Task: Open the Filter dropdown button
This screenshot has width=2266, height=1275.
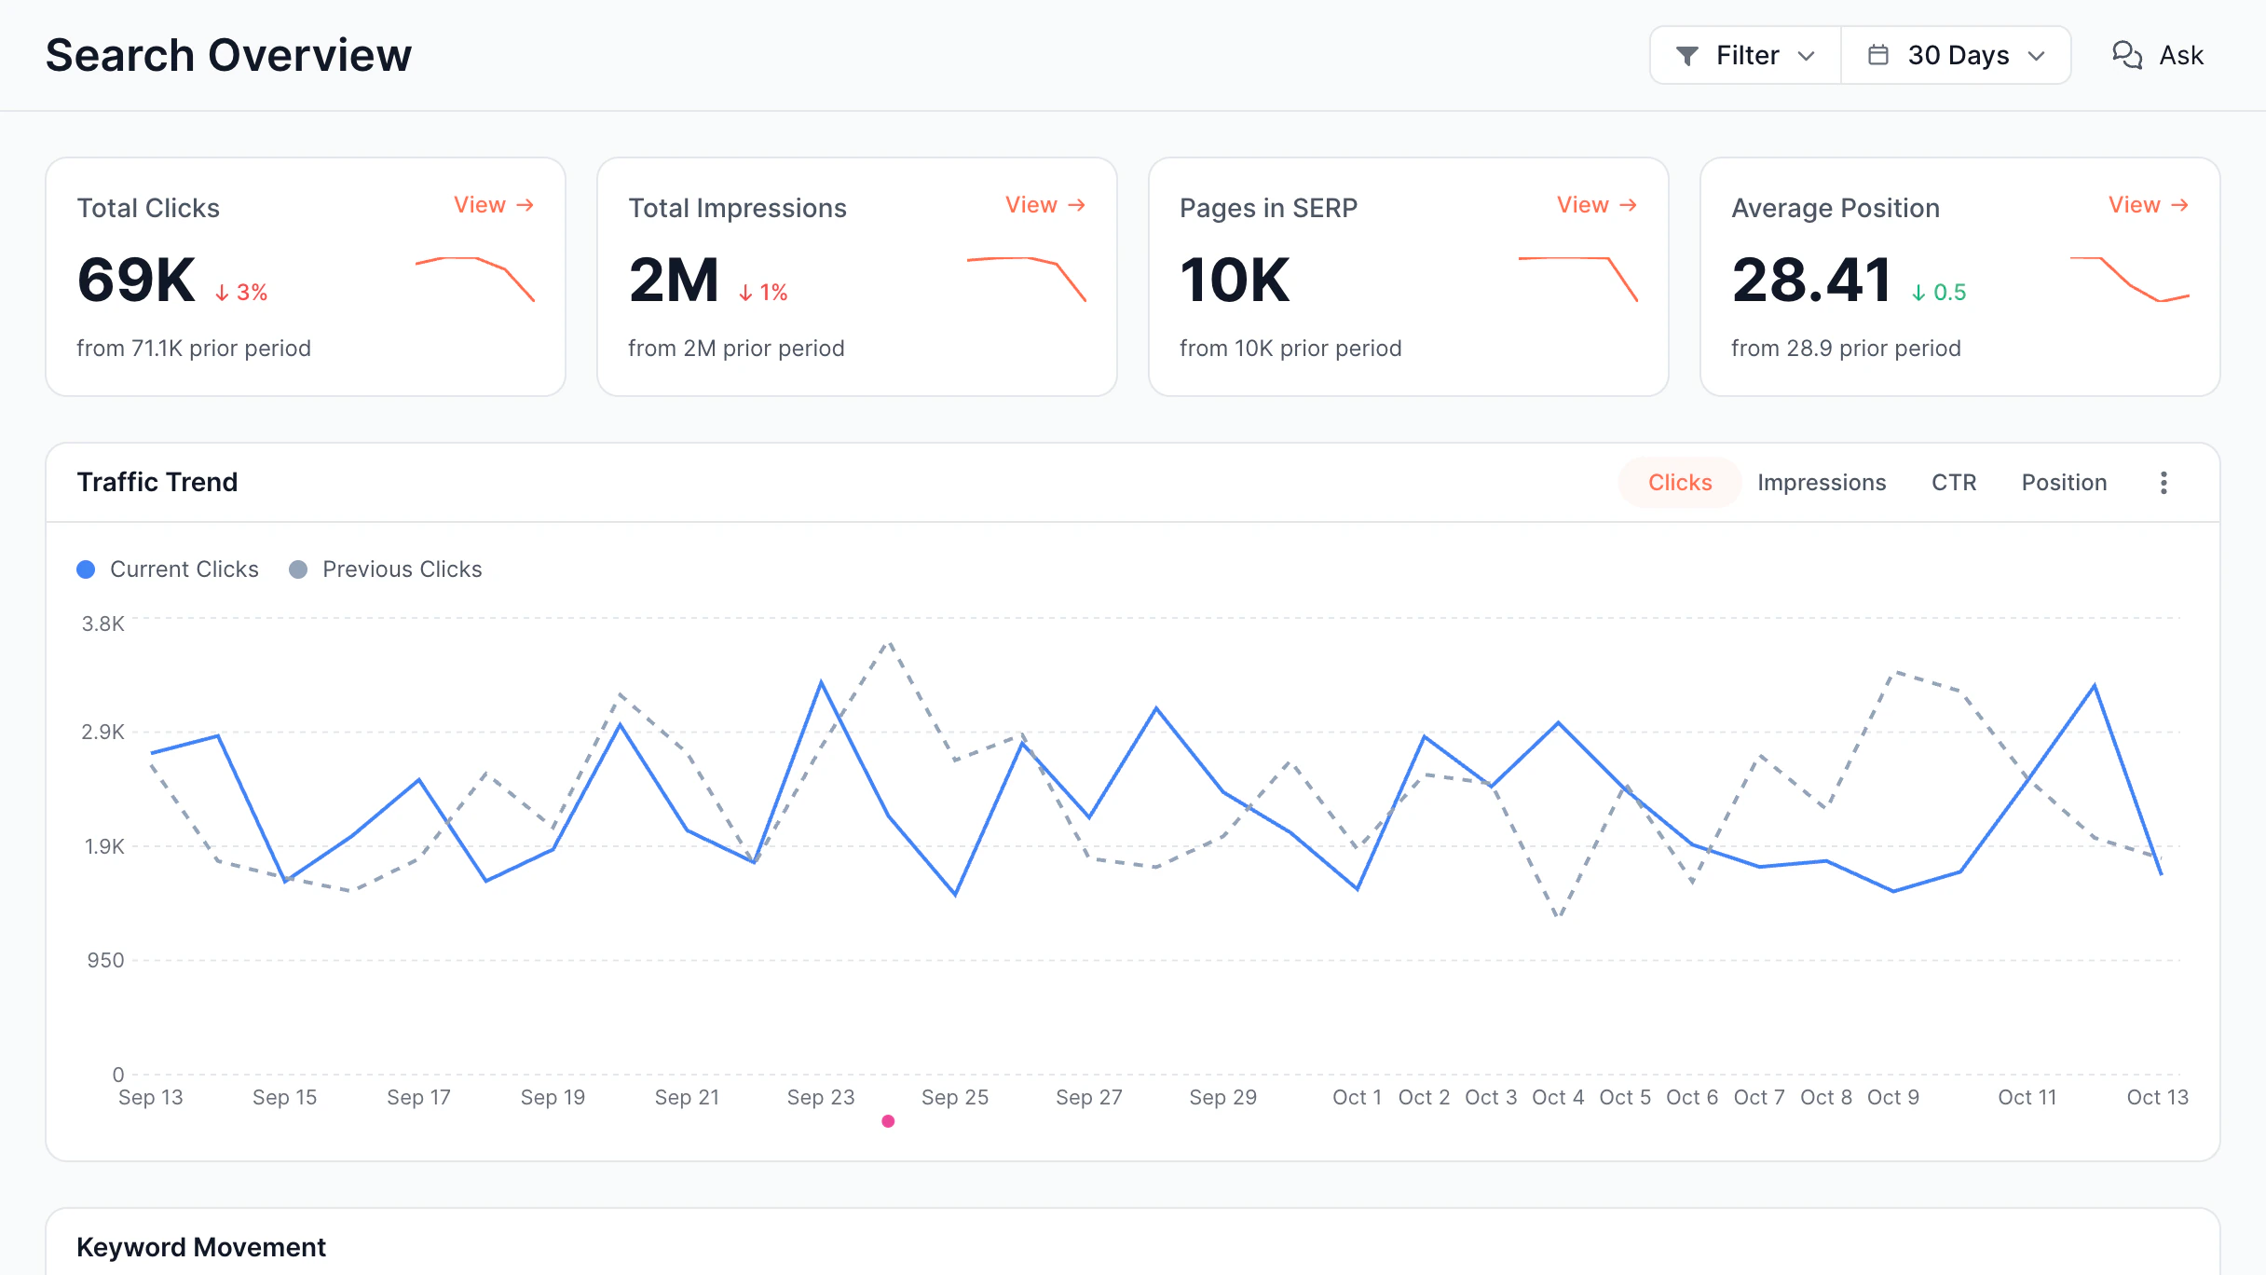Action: click(1745, 55)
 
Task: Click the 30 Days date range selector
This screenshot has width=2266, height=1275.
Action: click(1956, 55)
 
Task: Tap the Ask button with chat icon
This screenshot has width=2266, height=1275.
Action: click(2157, 55)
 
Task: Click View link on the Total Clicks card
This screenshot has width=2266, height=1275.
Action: click(493, 205)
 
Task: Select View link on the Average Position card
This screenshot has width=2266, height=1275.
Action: click(2148, 205)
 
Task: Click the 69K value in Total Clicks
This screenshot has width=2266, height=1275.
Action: click(136, 280)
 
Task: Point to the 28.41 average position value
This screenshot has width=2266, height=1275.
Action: click(1810, 280)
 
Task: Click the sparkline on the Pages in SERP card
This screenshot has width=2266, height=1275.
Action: click(1577, 279)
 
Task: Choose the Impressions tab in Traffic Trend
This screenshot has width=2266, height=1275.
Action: click(1822, 483)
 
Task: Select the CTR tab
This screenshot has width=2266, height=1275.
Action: click(1954, 483)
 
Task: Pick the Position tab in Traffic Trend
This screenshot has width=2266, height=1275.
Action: click(2064, 483)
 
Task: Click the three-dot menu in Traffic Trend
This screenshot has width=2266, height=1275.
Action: click(2164, 483)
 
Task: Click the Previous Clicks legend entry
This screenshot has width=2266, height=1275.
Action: click(386, 569)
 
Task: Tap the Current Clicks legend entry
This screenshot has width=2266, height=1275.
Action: click(168, 569)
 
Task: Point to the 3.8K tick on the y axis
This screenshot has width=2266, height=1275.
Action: click(102, 624)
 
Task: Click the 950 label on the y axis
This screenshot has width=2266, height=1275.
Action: click(105, 960)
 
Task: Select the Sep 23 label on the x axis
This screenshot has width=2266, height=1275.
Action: click(821, 1097)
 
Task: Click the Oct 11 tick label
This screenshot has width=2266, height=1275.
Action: click(2027, 1097)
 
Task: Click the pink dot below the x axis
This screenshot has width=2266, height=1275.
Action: click(888, 1121)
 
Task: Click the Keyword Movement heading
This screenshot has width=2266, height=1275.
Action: click(201, 1247)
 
